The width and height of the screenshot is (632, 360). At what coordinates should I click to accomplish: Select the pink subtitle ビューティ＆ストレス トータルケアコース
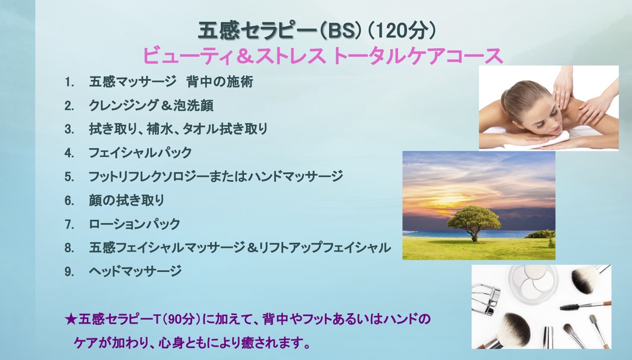(323, 56)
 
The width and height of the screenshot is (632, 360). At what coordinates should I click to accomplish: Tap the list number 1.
(69, 82)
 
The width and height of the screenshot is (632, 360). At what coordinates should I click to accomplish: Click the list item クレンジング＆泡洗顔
(151, 106)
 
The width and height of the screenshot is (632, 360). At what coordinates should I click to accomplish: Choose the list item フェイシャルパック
(140, 153)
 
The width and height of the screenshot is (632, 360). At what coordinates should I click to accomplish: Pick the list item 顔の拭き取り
(126, 200)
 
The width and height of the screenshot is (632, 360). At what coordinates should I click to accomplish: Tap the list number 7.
(69, 224)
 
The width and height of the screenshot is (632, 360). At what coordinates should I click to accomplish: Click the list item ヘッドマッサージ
(135, 271)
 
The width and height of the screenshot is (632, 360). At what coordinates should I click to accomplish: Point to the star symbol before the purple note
(71, 319)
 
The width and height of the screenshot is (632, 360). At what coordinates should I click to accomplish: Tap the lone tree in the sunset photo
(474, 221)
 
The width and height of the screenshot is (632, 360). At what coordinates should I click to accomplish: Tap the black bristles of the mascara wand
(569, 308)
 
